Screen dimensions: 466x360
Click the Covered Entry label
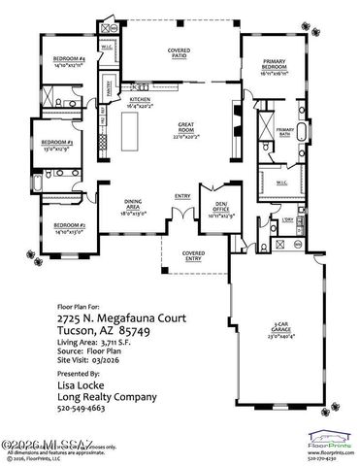(192, 257)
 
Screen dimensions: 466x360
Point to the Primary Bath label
(285, 133)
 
